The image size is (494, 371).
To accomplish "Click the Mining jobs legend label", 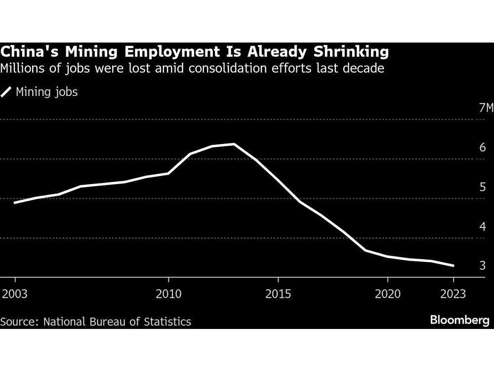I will [x=47, y=92].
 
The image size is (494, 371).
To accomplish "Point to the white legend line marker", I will [x=7, y=92].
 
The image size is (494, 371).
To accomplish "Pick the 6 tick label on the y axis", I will [x=483, y=148].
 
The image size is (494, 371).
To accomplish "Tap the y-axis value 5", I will [x=483, y=187].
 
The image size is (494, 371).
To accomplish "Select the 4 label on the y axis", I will [x=483, y=227].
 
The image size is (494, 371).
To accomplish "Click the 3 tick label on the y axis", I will [x=483, y=266].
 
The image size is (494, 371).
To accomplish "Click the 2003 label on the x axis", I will [x=14, y=294].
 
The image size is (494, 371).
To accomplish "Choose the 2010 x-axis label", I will [x=168, y=294].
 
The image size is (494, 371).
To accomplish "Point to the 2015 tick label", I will [x=278, y=294].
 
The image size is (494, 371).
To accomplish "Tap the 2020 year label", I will [x=387, y=294].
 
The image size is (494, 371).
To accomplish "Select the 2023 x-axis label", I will [x=453, y=294].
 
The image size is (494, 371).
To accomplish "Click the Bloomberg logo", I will [x=459, y=321].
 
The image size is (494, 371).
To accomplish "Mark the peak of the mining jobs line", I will [x=234, y=144].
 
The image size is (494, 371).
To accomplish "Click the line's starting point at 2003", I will [x=15, y=203].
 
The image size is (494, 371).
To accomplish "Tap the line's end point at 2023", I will [x=453, y=266].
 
